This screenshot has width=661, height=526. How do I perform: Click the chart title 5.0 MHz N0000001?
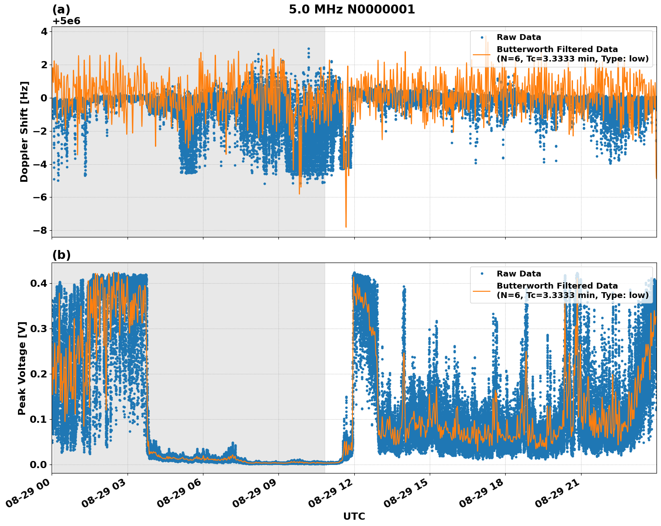point(352,9)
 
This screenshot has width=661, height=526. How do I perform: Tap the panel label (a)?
point(61,9)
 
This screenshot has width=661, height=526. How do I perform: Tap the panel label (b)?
point(62,255)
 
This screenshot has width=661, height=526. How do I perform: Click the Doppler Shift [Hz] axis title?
point(24,131)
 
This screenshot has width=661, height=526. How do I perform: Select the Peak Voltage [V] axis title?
point(22,368)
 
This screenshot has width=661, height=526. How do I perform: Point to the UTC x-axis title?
point(354,516)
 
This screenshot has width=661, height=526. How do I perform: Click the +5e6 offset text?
point(66,21)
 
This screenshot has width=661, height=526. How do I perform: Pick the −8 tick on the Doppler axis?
point(40,230)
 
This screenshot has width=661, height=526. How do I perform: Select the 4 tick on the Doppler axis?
point(44,31)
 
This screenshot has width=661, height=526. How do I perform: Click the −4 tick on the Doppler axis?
point(40,164)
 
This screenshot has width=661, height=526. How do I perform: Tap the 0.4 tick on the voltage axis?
point(39,283)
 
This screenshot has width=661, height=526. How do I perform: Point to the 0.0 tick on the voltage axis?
point(39,465)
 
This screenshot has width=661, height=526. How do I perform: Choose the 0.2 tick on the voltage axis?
point(39,374)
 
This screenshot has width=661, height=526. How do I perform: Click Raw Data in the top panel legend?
point(519,38)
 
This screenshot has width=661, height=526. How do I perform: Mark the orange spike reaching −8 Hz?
point(346,226)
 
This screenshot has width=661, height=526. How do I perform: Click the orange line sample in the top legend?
point(482,54)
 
